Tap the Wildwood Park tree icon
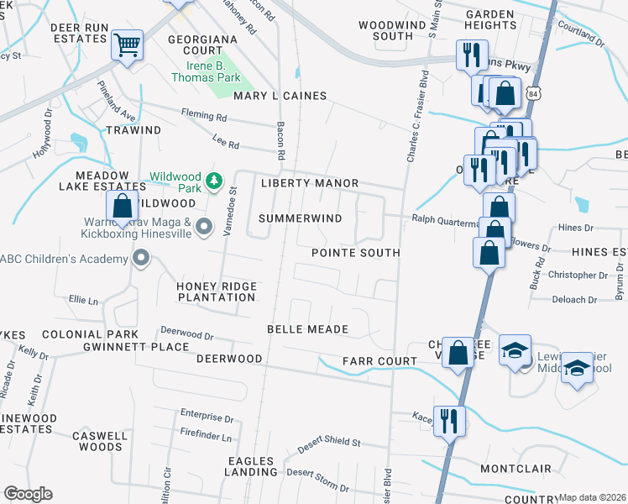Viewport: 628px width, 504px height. click(214, 180)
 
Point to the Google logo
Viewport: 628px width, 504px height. click(28, 494)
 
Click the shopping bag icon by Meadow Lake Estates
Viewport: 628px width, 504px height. click(123, 205)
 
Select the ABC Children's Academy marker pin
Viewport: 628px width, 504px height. click(141, 259)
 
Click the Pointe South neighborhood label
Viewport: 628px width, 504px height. click(356, 253)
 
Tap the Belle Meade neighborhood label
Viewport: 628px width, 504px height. click(307, 328)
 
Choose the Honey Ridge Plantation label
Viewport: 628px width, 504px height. click(217, 291)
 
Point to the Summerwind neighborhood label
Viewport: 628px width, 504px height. click(301, 218)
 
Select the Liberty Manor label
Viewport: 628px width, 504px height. click(310, 183)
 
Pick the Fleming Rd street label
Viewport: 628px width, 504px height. click(204, 117)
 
